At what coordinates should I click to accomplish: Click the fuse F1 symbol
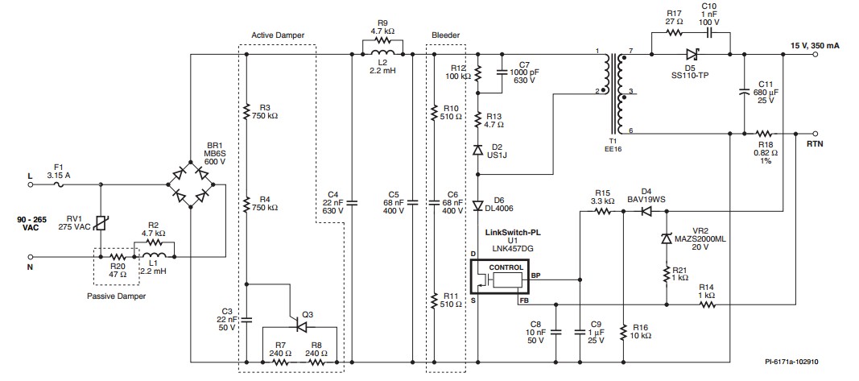click(59, 185)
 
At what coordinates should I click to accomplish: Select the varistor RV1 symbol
click(101, 223)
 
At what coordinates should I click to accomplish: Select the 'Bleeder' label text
click(446, 35)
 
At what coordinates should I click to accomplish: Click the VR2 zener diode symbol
click(666, 238)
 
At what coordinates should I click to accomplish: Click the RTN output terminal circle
click(816, 133)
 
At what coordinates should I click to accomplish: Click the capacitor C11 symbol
click(744, 92)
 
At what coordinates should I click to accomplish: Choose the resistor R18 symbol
click(764, 133)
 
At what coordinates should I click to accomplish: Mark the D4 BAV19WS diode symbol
click(648, 210)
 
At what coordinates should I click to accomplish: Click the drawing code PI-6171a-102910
click(792, 362)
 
